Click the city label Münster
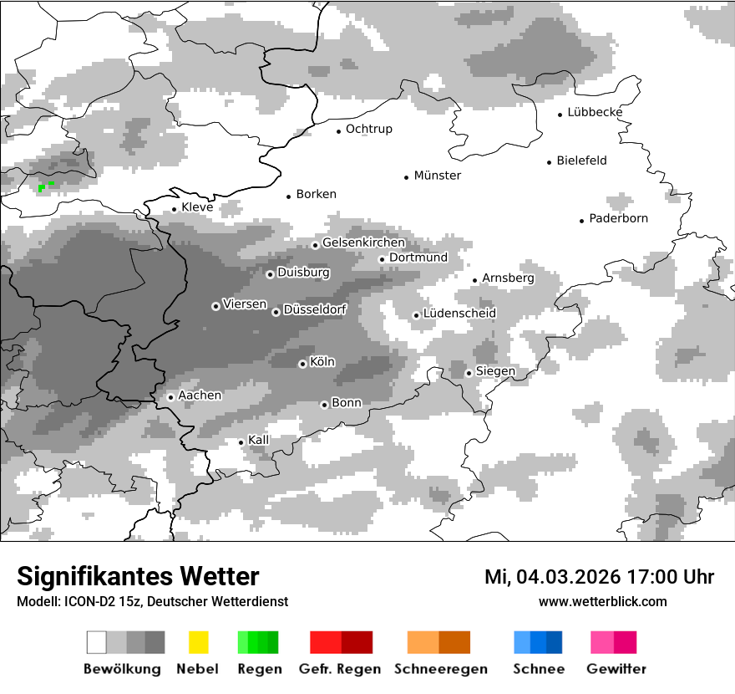(x=437, y=176)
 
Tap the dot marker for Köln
(x=302, y=364)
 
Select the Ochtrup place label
(x=368, y=130)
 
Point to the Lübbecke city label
(x=595, y=113)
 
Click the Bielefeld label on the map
(x=581, y=161)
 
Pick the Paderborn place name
(x=618, y=219)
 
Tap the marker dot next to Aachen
(x=170, y=397)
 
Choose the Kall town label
(x=259, y=440)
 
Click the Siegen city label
(x=495, y=371)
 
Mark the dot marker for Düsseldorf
(x=276, y=312)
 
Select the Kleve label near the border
(x=197, y=207)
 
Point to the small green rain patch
(x=45, y=186)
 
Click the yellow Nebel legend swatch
(x=198, y=642)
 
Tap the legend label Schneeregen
(x=440, y=669)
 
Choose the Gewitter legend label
(x=616, y=669)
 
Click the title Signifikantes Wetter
(x=138, y=576)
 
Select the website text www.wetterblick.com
(x=602, y=601)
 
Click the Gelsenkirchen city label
(x=363, y=243)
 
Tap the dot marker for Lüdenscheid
(x=416, y=315)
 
